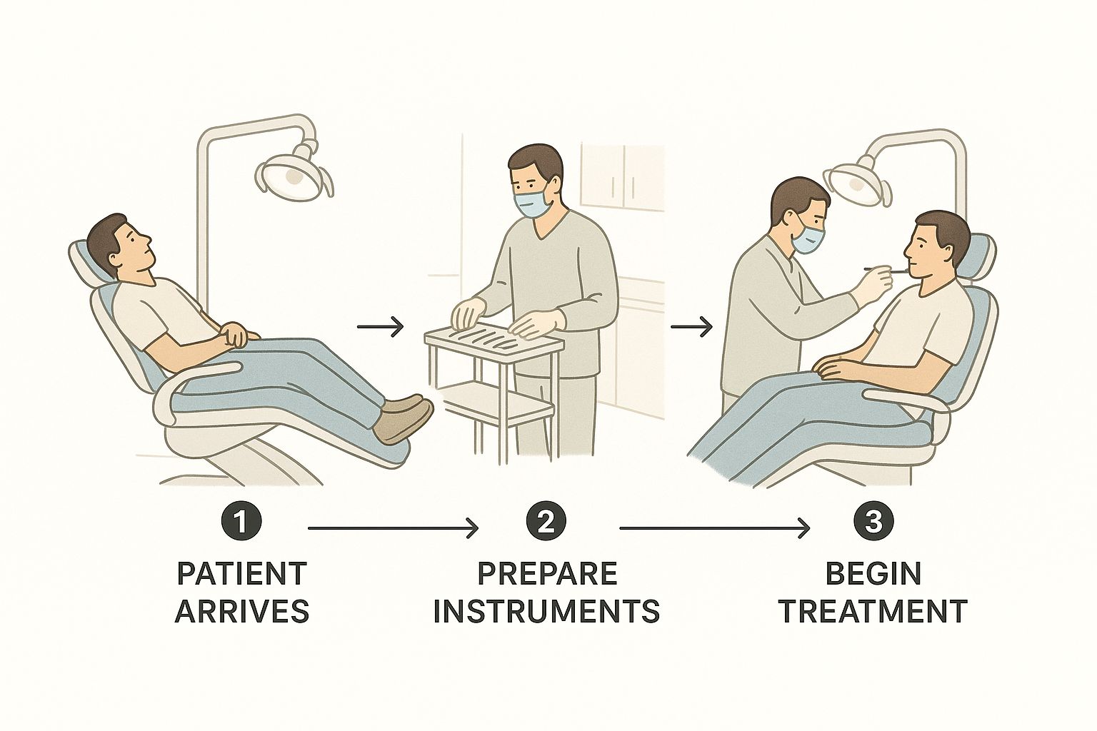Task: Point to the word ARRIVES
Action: (x=242, y=610)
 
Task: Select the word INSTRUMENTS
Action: (x=547, y=610)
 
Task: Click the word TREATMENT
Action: (x=873, y=610)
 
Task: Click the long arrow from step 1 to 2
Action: (x=394, y=528)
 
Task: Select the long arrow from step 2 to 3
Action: (x=715, y=528)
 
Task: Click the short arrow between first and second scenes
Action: (x=381, y=326)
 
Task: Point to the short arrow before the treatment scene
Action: (x=691, y=326)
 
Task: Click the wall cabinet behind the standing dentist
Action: (x=623, y=177)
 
